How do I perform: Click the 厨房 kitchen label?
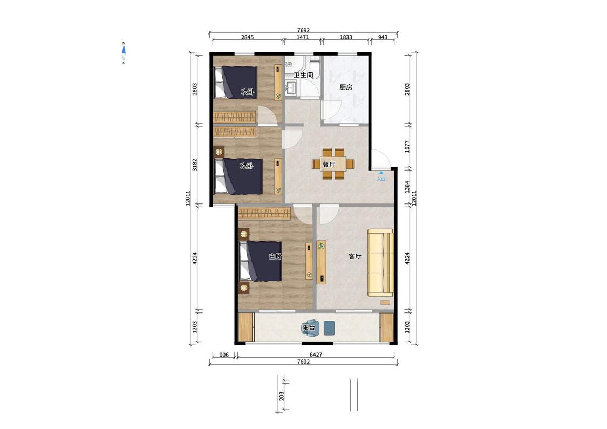click(346, 87)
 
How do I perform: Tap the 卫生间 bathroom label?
click(303, 74)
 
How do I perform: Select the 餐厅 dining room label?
click(329, 165)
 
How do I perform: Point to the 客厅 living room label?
click(355, 256)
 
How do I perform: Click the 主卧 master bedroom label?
click(275, 256)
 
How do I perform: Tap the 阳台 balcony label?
click(309, 328)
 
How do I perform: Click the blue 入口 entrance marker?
click(381, 176)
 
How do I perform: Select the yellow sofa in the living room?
click(380, 263)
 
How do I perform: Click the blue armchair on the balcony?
click(312, 328)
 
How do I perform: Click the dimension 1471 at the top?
click(302, 37)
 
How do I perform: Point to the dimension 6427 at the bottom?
click(316, 355)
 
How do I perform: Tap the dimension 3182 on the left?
click(195, 165)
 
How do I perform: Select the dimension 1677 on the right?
click(407, 146)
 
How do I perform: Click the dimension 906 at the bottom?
click(224, 355)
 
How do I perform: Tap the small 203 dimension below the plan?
click(282, 396)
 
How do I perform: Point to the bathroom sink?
click(290, 88)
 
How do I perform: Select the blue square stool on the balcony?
click(329, 328)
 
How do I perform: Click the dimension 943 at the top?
click(383, 37)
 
